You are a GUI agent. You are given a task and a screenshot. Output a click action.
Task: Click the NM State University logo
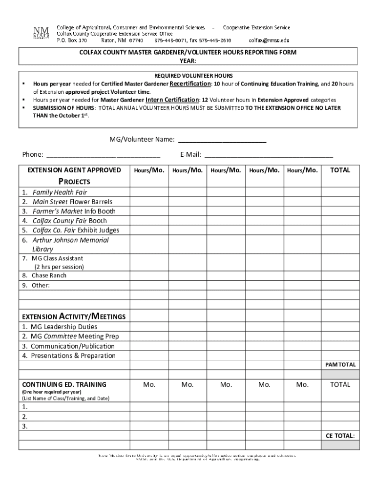click(x=41, y=34)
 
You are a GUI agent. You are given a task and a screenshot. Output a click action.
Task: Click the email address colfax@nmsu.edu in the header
click(x=269, y=41)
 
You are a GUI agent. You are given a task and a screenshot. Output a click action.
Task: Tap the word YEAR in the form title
click(x=188, y=60)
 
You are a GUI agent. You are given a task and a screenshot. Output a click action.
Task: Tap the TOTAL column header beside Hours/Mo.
click(x=340, y=170)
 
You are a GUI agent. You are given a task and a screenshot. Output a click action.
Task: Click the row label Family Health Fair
click(x=60, y=192)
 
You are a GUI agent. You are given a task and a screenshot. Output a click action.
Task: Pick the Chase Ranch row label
click(x=49, y=275)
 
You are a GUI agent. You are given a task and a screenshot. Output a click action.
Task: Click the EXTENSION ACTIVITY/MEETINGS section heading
click(x=74, y=316)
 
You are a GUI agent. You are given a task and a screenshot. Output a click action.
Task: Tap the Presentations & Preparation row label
click(x=73, y=355)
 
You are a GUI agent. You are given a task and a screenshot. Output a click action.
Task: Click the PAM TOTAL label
click(x=340, y=365)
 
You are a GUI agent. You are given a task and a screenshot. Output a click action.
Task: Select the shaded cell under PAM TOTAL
click(x=340, y=374)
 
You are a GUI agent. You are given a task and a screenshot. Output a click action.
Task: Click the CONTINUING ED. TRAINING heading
click(x=64, y=385)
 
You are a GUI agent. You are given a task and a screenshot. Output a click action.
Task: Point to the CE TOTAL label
click(x=340, y=436)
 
